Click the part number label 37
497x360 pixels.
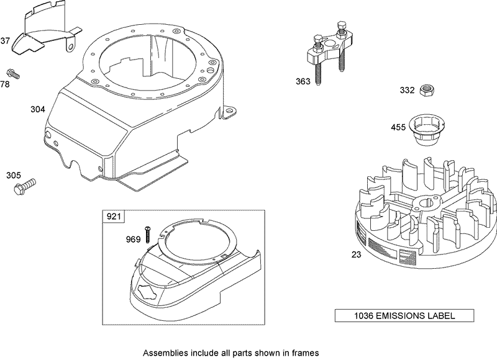6,42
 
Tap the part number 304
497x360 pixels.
38,110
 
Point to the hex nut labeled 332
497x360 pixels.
426,90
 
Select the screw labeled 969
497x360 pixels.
148,234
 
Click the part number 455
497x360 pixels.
398,127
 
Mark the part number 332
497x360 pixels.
407,90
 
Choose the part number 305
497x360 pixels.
13,176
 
